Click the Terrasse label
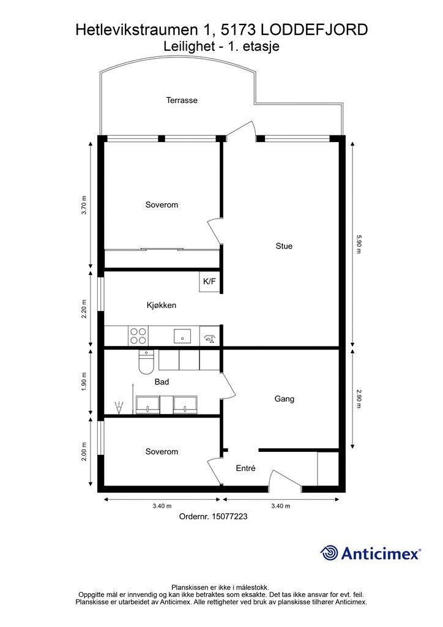coord(182,100)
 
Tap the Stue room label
coord(284,246)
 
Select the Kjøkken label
coord(162,305)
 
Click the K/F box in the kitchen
coord(209,282)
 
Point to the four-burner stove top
coord(138,336)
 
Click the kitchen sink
coord(182,336)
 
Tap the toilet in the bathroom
coord(146,361)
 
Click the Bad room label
coord(162,382)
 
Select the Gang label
coord(285,399)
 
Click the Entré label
coord(245,468)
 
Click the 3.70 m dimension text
coord(84,205)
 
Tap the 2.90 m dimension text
coord(358,399)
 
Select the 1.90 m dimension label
coord(84,382)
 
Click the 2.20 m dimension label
coord(84,309)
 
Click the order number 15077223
coord(229,516)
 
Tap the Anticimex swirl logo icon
coord(329,553)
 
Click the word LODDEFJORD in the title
coord(314,29)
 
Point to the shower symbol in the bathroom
coord(119,407)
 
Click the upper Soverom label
coord(162,205)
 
